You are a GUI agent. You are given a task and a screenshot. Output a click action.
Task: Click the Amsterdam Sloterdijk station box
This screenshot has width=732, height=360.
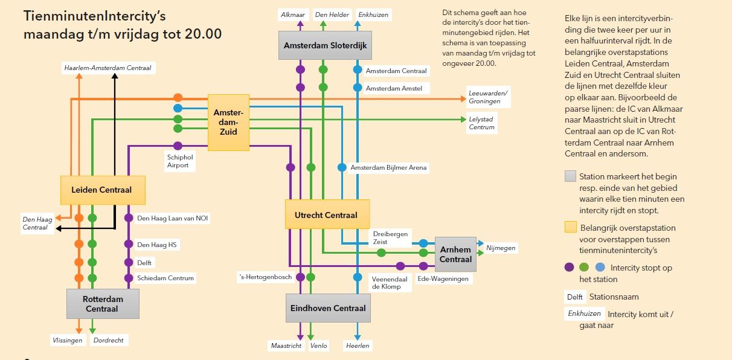coord(326,45)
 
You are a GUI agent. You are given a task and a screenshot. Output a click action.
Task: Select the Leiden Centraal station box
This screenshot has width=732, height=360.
coord(102,190)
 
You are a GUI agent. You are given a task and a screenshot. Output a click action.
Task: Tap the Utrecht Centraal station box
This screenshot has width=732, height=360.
coord(326,215)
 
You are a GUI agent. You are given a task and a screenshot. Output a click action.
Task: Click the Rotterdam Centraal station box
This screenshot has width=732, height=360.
coord(102,304)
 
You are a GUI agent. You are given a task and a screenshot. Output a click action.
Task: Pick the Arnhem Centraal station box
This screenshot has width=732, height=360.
coord(455,254)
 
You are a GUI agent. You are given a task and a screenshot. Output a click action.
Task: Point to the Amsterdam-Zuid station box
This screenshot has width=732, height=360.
coord(228,123)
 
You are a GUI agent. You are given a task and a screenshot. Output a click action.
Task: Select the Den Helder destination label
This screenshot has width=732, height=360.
coord(332,14)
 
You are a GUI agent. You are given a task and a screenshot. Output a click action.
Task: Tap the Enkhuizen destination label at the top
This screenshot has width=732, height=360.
coord(373,14)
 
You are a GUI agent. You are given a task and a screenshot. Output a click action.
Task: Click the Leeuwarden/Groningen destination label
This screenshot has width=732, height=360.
coord(488,97)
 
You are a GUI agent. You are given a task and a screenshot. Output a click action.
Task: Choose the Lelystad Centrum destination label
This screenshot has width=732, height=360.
coord(482,123)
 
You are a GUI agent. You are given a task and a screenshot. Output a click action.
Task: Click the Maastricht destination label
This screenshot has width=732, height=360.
coord(285,346)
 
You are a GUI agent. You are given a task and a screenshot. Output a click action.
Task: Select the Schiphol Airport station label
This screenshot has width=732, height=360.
coord(178,161)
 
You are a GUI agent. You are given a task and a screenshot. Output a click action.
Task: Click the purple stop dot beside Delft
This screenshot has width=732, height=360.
coord(128,263)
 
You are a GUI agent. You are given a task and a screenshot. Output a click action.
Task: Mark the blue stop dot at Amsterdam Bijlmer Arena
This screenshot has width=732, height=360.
coord(341,167)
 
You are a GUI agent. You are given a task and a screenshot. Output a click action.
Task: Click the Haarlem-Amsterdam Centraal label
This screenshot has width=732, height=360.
coord(108,68)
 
